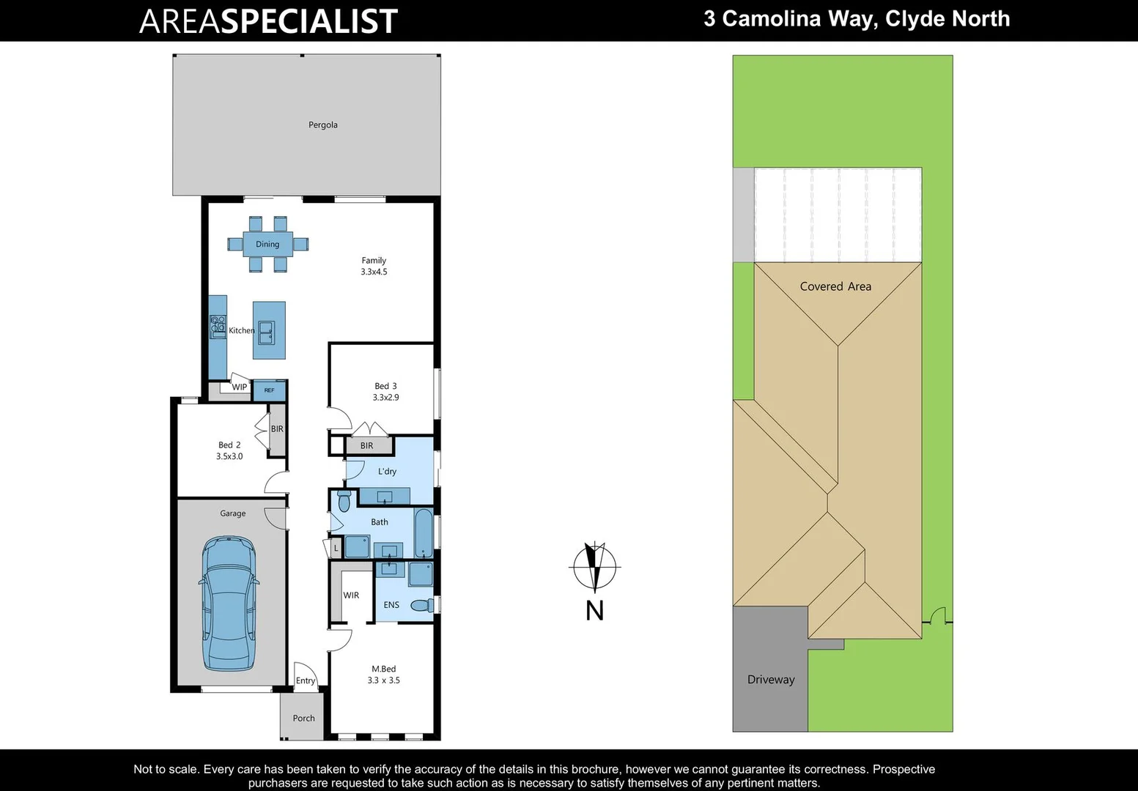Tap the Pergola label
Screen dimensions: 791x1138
coord(323,125)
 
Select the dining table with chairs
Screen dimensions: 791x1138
coord(267,244)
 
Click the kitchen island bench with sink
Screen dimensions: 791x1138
coord(269,330)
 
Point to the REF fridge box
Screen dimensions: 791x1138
coord(269,390)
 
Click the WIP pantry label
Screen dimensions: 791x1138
coord(240,387)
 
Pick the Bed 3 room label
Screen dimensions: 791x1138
coord(385,386)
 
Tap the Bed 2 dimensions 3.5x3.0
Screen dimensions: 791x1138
coord(229,456)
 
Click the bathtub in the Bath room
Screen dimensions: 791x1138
coord(424,533)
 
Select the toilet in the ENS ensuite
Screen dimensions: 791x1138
coord(421,605)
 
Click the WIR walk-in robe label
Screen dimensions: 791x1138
coord(351,595)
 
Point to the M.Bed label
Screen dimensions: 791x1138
coord(383,669)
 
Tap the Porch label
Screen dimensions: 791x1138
coord(303,718)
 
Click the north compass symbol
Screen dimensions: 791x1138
coord(594,567)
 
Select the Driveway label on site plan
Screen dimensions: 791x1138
coord(771,680)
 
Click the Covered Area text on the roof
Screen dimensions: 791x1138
coord(835,286)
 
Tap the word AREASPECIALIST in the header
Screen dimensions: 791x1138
coord(268,21)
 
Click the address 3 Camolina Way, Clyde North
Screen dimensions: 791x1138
coord(857,19)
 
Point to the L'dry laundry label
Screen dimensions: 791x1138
coord(387,472)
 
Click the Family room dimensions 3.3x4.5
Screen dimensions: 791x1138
coord(374,272)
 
